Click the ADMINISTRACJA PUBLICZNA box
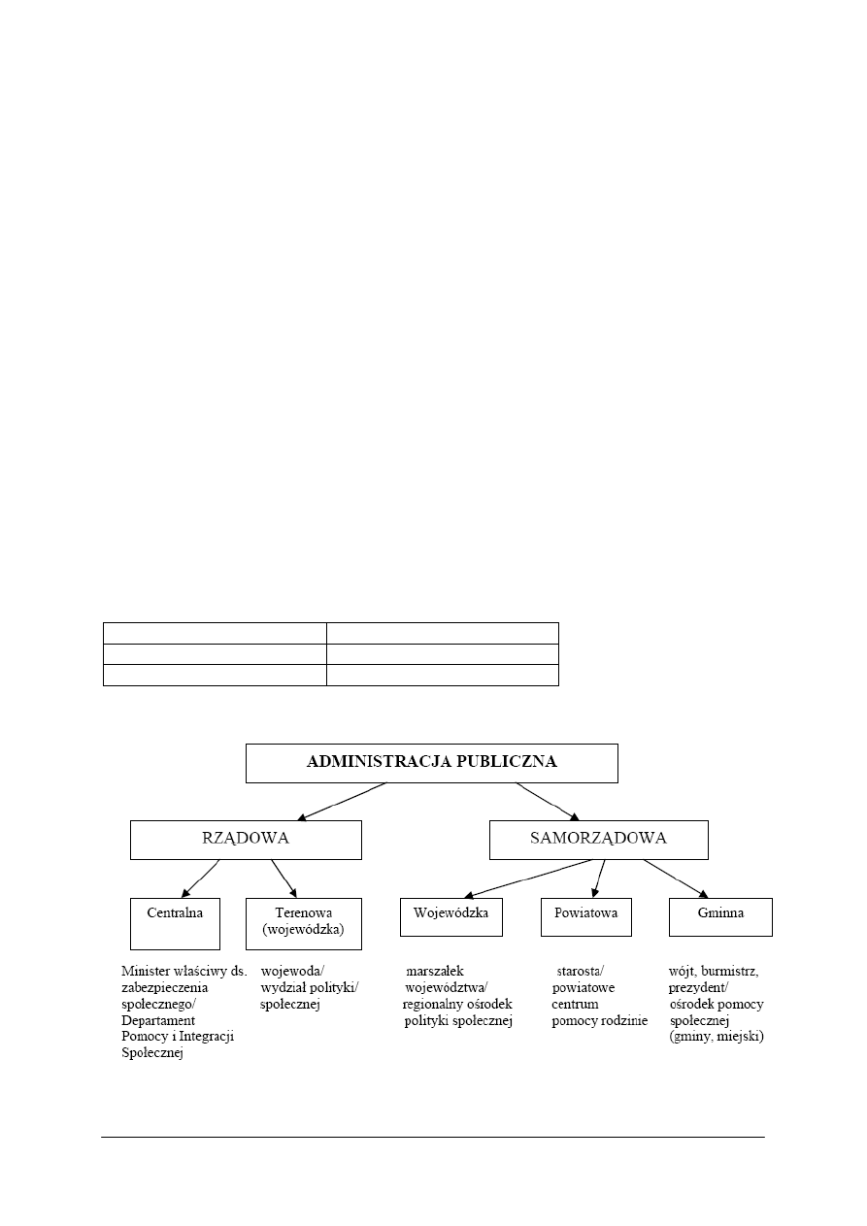click(x=431, y=762)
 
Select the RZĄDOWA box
click(x=246, y=839)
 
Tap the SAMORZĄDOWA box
click(x=598, y=839)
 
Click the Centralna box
click(x=175, y=922)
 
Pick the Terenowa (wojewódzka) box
click(x=304, y=922)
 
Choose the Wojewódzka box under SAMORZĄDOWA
click(x=450, y=915)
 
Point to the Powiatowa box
click(x=585, y=915)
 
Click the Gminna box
click(x=720, y=915)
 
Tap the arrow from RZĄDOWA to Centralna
click(x=201, y=878)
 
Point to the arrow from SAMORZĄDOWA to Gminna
click(x=676, y=878)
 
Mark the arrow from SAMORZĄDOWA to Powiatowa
click(x=600, y=878)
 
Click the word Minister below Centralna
click(x=145, y=970)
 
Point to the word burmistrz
click(x=729, y=970)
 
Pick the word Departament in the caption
click(x=158, y=1020)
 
